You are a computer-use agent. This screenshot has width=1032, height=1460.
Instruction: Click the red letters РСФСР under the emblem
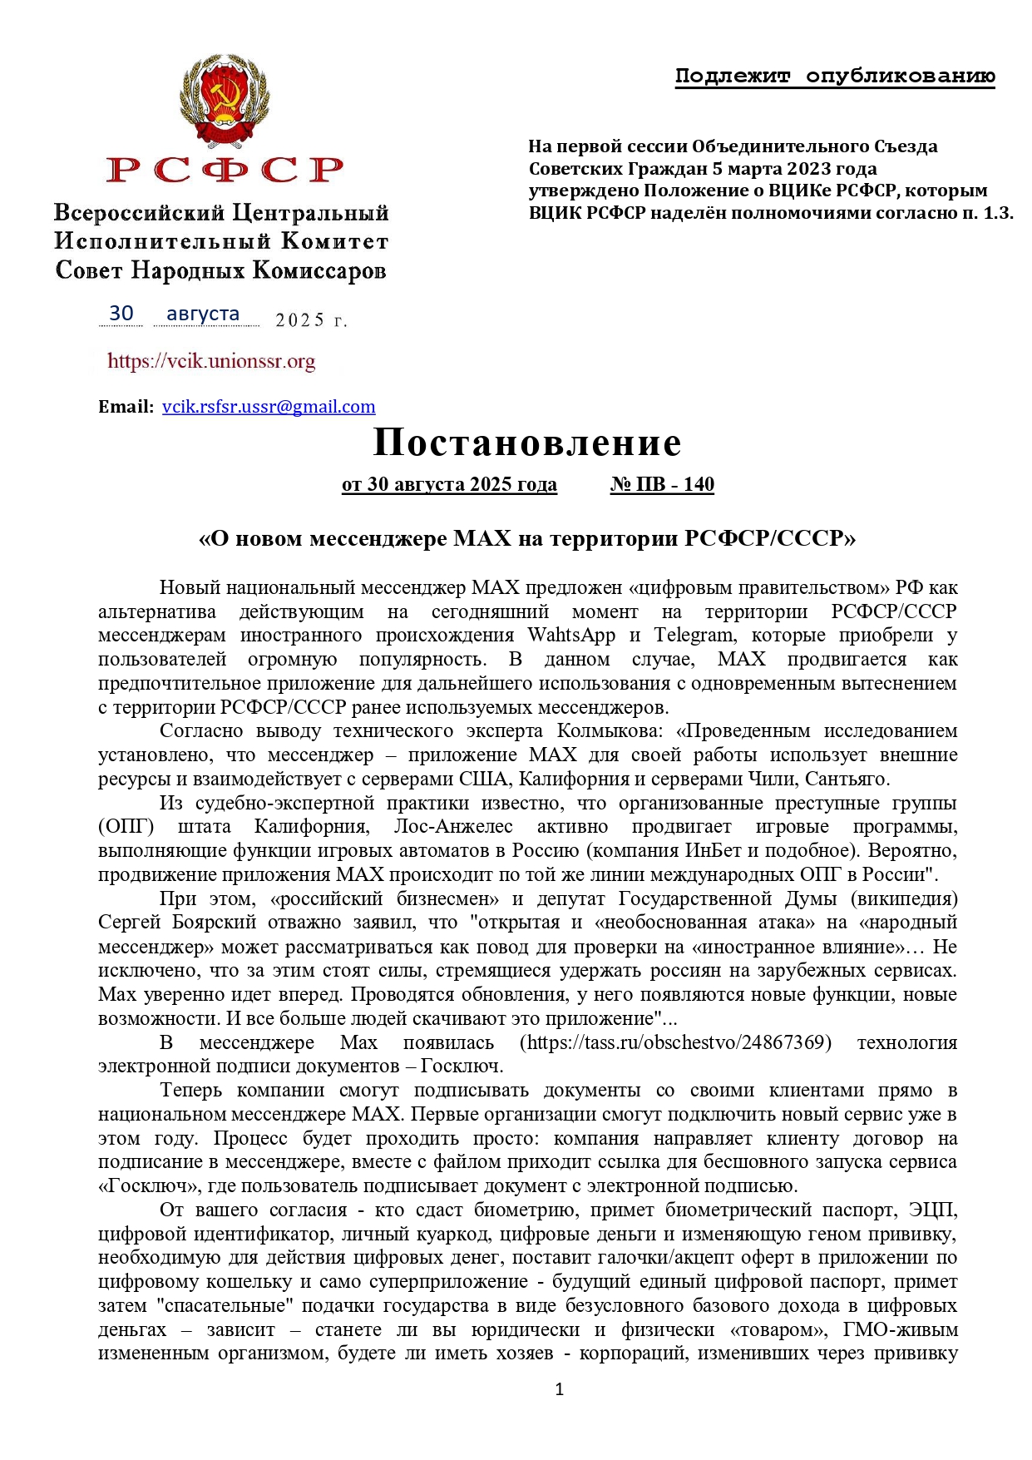tap(225, 170)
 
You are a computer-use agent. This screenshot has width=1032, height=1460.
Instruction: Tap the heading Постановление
tap(527, 443)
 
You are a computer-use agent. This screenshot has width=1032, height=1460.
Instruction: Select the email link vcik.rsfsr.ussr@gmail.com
tap(269, 407)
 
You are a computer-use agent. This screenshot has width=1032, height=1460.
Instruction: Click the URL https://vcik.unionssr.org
tap(211, 361)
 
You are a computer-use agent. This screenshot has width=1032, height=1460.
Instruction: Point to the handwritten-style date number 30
tap(121, 314)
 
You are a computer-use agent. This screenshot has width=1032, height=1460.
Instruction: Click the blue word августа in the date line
tap(203, 314)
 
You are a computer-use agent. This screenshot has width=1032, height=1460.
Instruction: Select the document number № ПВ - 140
tap(662, 484)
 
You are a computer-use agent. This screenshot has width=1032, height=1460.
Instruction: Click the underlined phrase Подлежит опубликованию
tap(835, 77)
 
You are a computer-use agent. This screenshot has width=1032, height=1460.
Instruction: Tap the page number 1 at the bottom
tap(560, 1388)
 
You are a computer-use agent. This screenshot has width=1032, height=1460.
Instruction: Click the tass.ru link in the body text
tap(675, 1042)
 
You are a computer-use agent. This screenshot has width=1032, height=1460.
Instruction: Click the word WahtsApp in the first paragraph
tap(571, 635)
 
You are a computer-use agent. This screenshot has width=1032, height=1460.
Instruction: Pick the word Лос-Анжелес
tap(453, 826)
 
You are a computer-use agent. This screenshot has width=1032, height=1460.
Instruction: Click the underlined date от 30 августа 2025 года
tap(449, 484)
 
